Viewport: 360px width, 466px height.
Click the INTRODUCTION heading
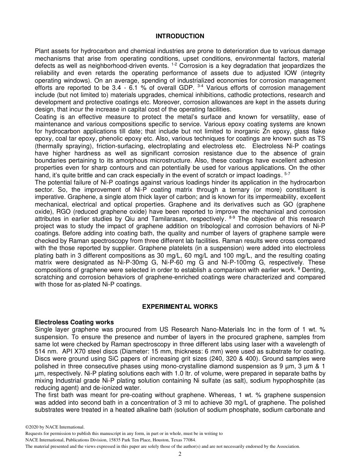click(180, 36)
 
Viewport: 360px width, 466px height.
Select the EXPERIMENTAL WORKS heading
click(180, 306)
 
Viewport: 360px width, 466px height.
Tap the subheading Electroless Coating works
click(74, 322)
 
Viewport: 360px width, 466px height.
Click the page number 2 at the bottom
click(180, 454)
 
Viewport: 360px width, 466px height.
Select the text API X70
click(75, 351)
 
